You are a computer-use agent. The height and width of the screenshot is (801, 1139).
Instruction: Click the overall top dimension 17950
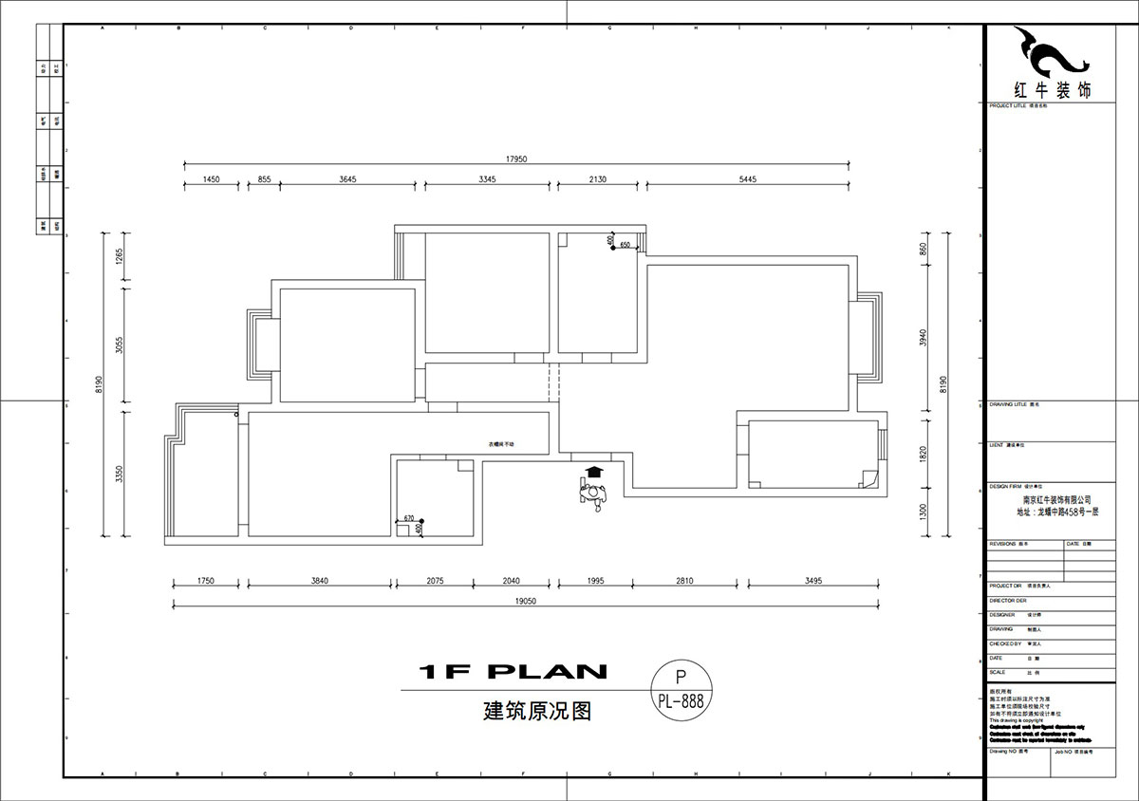[x=515, y=159]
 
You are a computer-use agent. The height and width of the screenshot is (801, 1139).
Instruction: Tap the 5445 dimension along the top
[x=746, y=179]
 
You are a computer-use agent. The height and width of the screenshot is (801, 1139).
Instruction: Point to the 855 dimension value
[x=264, y=179]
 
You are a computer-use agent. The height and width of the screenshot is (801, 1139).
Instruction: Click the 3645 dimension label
[x=347, y=179]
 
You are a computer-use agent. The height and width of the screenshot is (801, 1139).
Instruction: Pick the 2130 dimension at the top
[x=598, y=179]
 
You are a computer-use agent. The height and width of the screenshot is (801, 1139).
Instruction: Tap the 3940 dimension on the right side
[x=922, y=339]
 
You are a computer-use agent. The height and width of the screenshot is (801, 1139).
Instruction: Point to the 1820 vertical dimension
[x=922, y=455]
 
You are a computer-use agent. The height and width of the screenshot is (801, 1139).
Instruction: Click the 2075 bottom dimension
[x=435, y=580]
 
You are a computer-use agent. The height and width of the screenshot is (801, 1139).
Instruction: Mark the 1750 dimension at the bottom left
[x=206, y=580]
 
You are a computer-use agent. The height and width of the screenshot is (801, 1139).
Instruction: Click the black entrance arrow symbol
[x=594, y=472]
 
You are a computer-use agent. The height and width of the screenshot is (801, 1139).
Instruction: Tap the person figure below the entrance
[x=594, y=494]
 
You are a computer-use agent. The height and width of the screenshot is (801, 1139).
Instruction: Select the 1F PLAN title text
[x=513, y=672]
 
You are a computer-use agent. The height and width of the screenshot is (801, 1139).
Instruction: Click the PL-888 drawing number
[x=680, y=701]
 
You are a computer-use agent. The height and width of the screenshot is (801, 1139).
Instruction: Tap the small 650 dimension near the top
[x=626, y=246]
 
